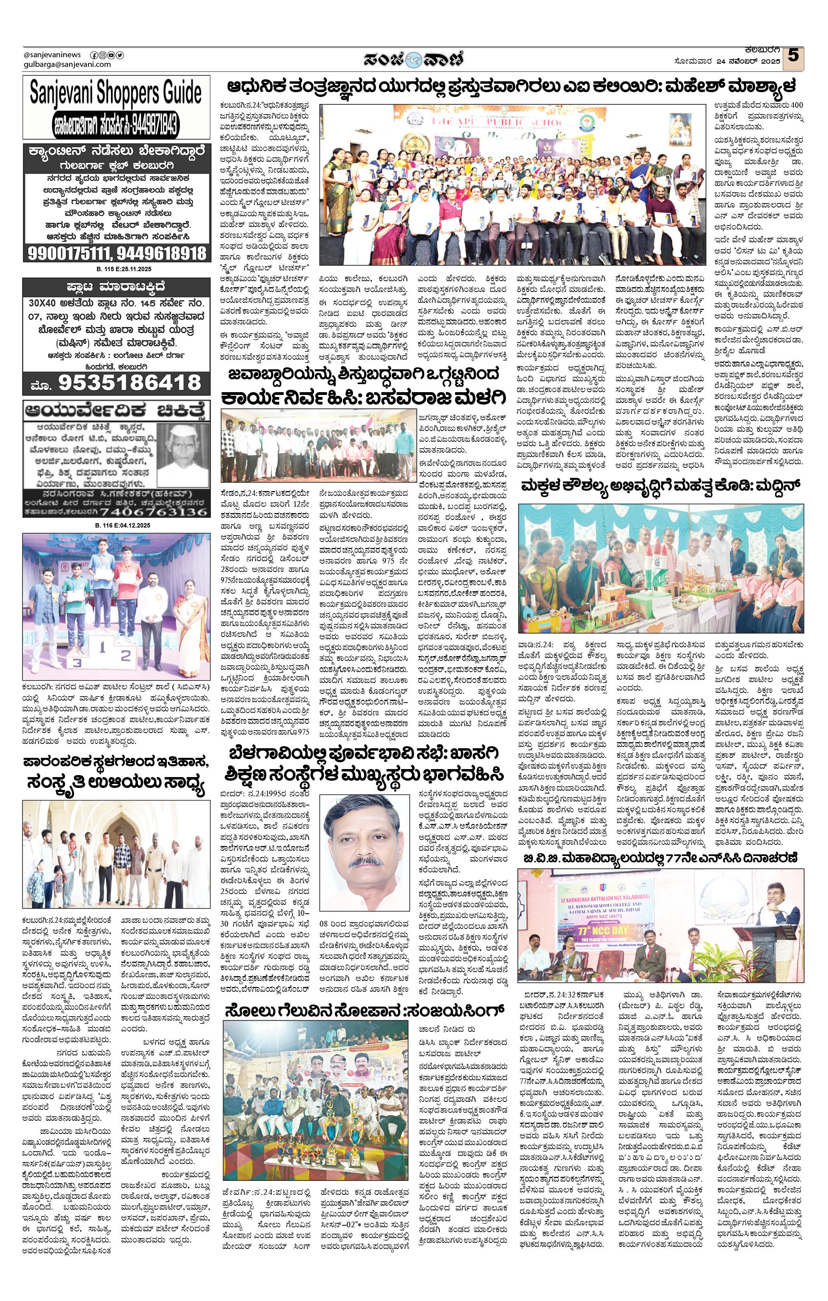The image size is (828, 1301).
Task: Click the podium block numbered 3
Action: [x=78, y=661]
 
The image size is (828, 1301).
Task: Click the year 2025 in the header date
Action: [x=770, y=62]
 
